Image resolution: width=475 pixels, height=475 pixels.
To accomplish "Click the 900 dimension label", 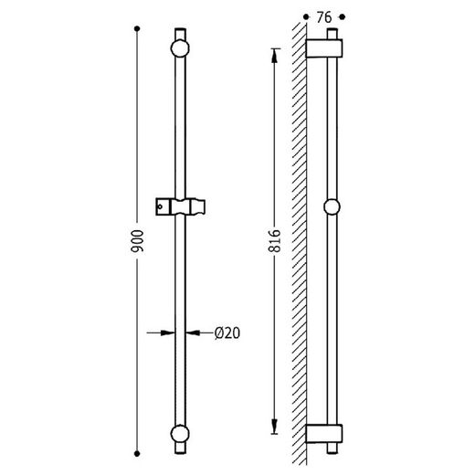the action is [x=137, y=241].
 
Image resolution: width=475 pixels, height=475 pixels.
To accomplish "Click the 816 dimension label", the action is [x=274, y=241].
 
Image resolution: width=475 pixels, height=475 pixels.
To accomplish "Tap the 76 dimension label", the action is [x=323, y=17].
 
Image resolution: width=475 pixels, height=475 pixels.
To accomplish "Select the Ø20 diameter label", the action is [x=227, y=332].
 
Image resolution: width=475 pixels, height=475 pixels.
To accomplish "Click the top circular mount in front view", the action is [x=180, y=48].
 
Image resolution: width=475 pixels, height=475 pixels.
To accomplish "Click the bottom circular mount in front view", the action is [x=180, y=434].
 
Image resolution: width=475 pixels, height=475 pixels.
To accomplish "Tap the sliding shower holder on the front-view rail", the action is [x=180, y=206].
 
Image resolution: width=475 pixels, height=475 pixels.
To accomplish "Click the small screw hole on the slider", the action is [x=160, y=206].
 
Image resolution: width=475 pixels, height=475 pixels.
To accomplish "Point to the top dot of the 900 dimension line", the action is [x=137, y=28].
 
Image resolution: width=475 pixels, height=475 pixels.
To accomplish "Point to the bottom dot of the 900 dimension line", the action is [x=137, y=454].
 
